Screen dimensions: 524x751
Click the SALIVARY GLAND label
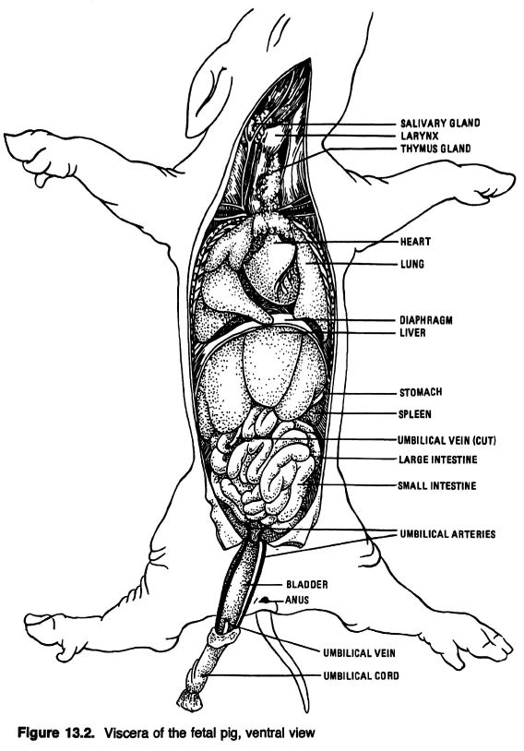(440, 123)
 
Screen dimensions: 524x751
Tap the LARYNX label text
(420, 136)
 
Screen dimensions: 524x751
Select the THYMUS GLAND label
(435, 149)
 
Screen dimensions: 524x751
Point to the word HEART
(415, 242)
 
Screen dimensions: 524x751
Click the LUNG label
(412, 264)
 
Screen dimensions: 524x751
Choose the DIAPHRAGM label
(426, 320)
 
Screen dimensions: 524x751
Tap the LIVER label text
(412, 332)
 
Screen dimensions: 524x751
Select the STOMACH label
(421, 392)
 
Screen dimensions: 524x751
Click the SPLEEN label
(415, 414)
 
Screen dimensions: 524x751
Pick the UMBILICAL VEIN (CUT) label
(447, 440)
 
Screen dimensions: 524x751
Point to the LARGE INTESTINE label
(438, 459)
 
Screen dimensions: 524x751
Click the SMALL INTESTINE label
(437, 485)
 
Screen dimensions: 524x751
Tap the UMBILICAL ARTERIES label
(447, 533)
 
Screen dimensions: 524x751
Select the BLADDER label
(307, 584)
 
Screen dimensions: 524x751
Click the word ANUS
(297, 600)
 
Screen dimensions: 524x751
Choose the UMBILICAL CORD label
(361, 675)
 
